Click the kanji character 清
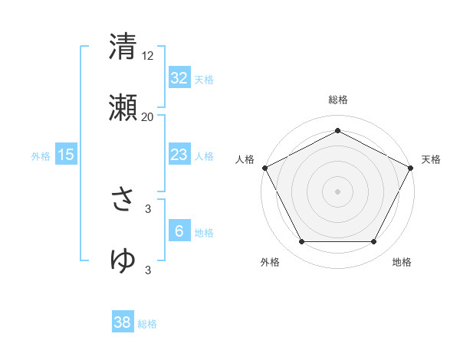(123, 47)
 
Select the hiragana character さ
(123, 201)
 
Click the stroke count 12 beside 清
(148, 56)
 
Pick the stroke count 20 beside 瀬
(148, 116)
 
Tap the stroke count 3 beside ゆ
(148, 270)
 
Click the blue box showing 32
(179, 77)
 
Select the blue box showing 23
(179, 155)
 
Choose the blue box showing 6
(179, 231)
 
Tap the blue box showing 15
(66, 155)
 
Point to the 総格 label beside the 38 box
(147, 324)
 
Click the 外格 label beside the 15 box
(41, 156)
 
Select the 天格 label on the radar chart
(431, 159)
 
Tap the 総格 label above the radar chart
(337, 100)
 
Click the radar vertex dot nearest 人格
(264, 167)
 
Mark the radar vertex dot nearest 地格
(373, 242)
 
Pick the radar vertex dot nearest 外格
(301, 242)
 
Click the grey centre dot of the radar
(337, 191)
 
